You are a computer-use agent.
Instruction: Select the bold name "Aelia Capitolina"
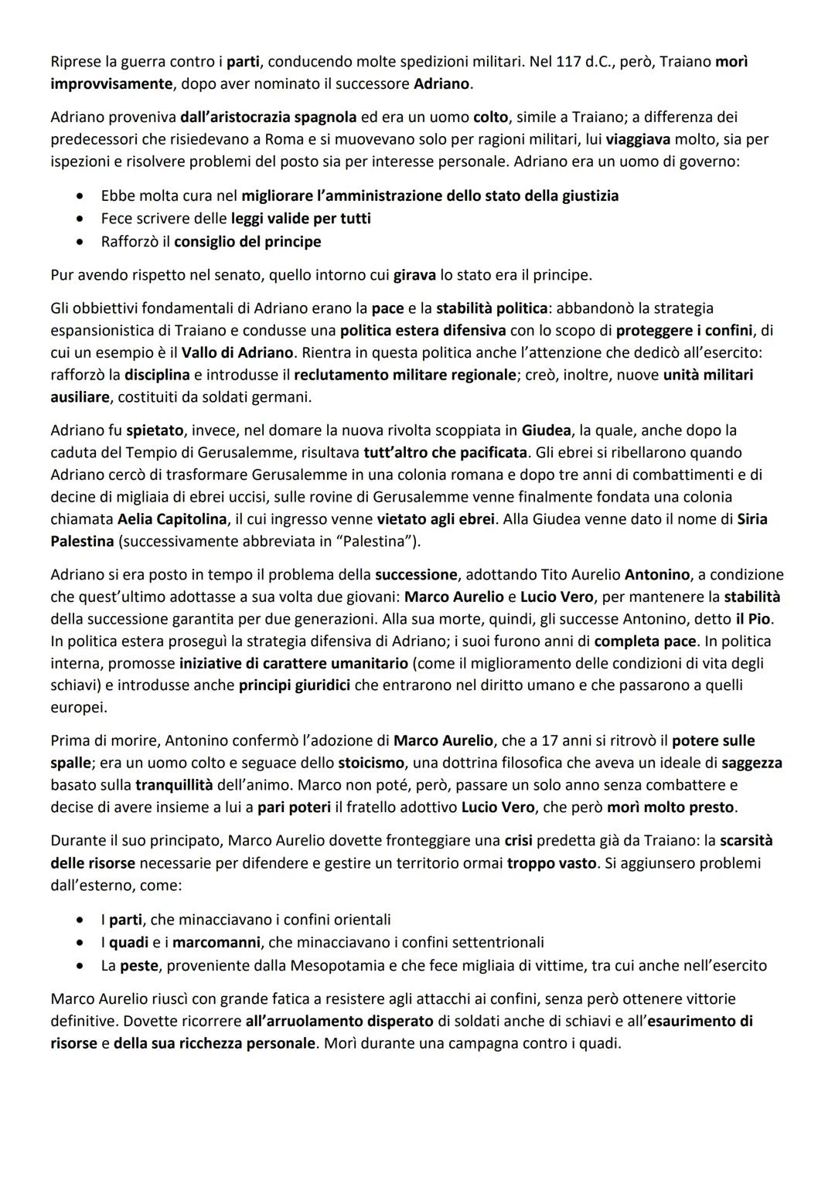click(172, 519)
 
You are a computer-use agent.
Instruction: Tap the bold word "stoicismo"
click(371, 763)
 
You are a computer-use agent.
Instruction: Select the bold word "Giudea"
click(547, 430)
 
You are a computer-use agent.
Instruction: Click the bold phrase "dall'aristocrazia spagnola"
click(268, 117)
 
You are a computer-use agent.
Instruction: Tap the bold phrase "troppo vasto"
click(551, 862)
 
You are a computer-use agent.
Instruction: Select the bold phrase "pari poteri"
click(294, 808)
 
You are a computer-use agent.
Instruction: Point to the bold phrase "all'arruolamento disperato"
click(339, 1021)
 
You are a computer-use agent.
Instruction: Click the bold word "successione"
click(416, 574)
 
